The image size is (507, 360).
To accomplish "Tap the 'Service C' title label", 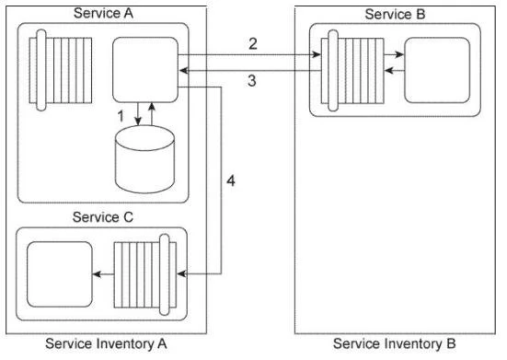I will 103,219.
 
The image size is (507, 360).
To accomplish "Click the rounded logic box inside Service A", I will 144,70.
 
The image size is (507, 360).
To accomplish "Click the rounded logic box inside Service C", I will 57,272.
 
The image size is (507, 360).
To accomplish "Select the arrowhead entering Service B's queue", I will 317,55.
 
